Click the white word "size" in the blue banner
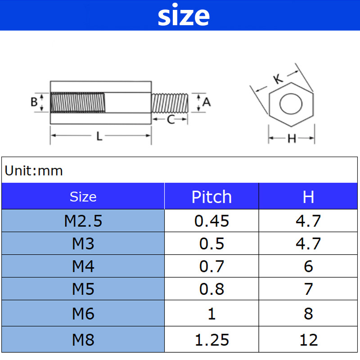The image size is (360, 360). coord(183,16)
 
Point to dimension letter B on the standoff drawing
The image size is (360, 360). coord(34,102)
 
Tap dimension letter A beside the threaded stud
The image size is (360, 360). coord(207,102)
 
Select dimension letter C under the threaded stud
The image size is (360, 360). coord(171,120)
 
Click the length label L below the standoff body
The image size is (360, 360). coord(99,136)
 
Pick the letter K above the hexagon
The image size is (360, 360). coord(278,79)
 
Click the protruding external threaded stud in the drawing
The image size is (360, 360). coord(170,103)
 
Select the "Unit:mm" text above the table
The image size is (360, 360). coord(34,171)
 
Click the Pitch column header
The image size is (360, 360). coord(211,197)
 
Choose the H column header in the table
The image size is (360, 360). coord(308,197)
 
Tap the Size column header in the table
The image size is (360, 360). coord(83,197)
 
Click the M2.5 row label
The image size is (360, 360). coord(83,221)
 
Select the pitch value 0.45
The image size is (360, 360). coord(211,221)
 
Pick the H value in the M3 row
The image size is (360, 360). coord(308,243)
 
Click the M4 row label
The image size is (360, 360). coord(83,266)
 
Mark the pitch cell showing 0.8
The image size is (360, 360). coord(211,289)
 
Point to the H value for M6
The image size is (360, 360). coord(308,313)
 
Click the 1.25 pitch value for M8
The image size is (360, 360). coord(211,340)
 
